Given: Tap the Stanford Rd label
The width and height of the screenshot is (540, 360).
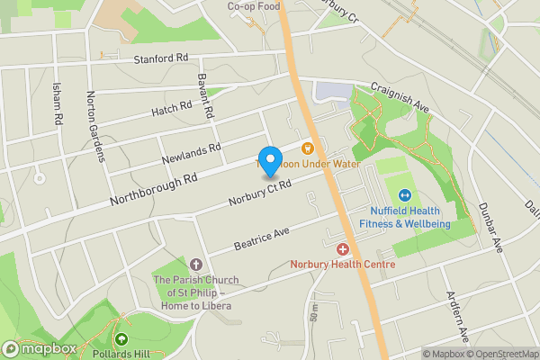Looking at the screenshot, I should pos(162,58).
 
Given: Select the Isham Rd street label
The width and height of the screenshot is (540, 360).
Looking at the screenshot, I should pos(58,104).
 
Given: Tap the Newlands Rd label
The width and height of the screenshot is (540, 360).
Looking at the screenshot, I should pos(191,153).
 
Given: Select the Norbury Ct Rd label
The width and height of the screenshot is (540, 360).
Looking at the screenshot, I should pos(260,192).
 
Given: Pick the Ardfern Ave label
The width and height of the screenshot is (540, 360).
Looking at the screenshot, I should pos(458,317).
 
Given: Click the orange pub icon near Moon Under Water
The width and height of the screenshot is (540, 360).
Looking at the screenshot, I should pos(307,148).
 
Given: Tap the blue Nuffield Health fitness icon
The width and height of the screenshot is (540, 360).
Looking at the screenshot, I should pos(405,194).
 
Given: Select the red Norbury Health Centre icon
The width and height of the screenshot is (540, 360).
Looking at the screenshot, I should pos(342,248).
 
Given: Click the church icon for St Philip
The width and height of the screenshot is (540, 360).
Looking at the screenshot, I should pos(196,265).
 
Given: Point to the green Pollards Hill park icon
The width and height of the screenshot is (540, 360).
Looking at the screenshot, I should pos(121,339).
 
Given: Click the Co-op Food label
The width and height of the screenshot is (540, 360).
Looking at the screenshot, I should pos(253,5).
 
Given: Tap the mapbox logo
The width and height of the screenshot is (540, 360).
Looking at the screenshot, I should pos(40,348).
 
